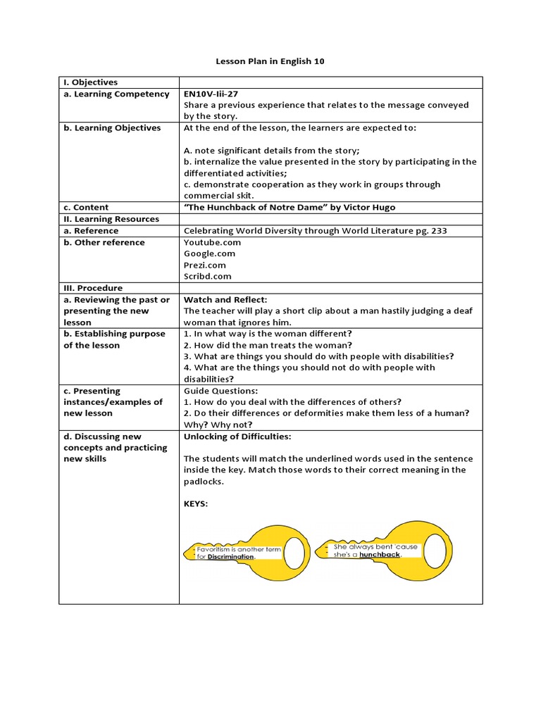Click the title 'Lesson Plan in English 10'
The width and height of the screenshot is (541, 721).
click(270, 62)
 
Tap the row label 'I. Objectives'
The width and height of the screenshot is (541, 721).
click(91, 82)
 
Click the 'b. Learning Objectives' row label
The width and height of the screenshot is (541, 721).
click(112, 128)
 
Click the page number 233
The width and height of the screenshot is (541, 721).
click(437, 231)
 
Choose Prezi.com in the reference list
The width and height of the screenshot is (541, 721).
click(204, 265)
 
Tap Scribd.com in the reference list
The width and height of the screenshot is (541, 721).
click(207, 277)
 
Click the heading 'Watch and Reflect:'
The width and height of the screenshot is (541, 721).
click(225, 300)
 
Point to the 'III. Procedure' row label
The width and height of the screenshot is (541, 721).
click(93, 288)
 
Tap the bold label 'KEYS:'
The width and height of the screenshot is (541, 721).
click(197, 504)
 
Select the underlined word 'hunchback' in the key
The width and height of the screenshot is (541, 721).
click(380, 555)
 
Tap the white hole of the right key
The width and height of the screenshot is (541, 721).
click(435, 546)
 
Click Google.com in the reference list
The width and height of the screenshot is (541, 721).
click(209, 253)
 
